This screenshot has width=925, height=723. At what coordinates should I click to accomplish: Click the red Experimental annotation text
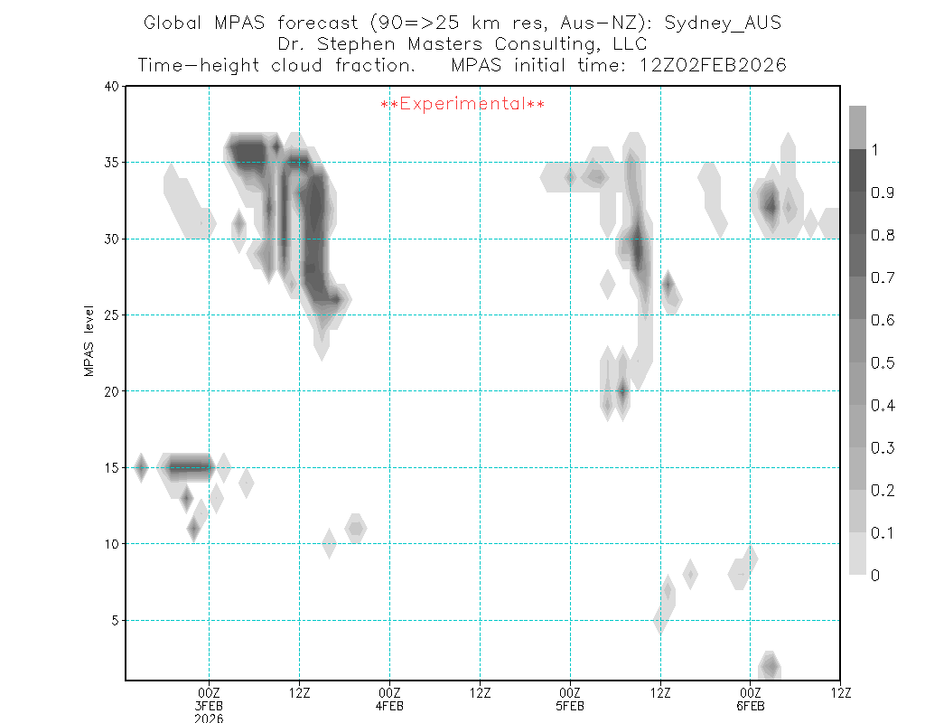(462, 104)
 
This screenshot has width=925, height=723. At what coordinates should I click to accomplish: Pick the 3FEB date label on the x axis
(209, 706)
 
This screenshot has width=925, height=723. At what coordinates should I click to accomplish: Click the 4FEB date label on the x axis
(389, 706)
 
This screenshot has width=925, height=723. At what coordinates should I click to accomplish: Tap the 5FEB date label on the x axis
(570, 706)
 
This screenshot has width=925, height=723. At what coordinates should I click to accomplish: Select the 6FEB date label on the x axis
(750, 706)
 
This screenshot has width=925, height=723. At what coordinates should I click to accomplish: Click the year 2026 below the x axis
(209, 718)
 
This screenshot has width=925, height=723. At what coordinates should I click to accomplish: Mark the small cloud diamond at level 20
(621, 391)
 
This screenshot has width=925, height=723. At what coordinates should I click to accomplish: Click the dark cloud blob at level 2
(769, 667)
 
